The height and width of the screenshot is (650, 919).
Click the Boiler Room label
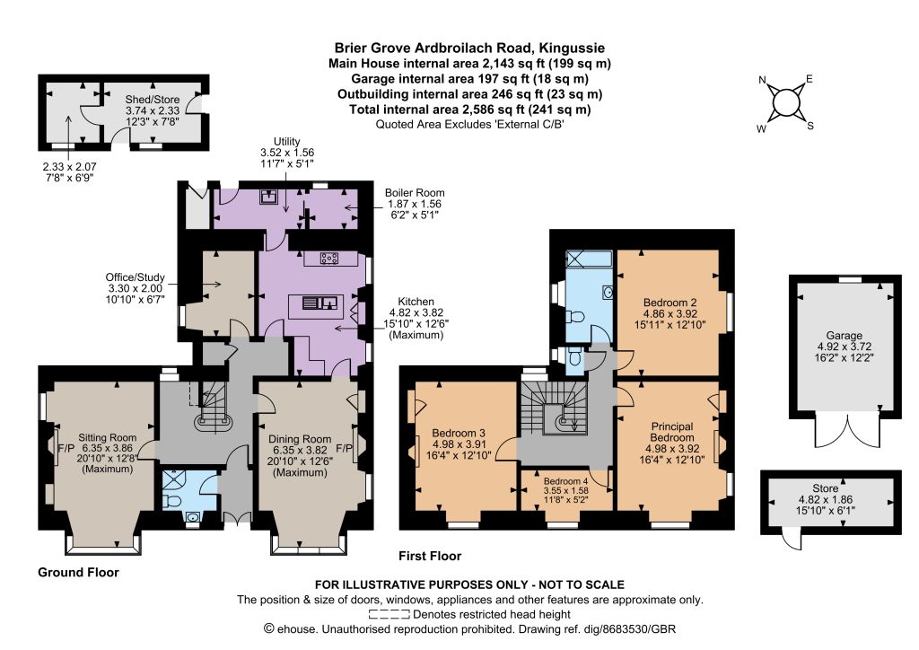point(414,193)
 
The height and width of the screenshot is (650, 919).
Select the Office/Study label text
point(136,277)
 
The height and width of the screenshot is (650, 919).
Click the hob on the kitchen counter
point(329,259)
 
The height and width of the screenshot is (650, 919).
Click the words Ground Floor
point(78,572)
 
